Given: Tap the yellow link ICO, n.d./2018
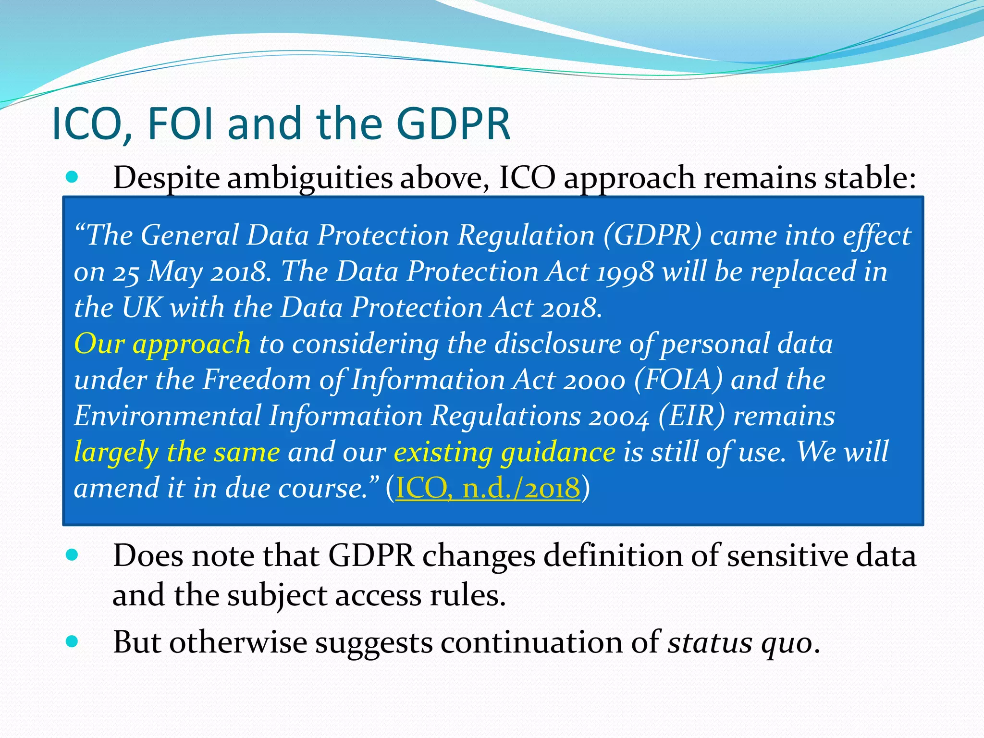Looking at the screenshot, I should click(488, 488).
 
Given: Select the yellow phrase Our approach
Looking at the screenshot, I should click(162, 344).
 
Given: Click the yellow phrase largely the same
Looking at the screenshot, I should click(177, 453).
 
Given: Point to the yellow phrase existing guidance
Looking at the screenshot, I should click(504, 453).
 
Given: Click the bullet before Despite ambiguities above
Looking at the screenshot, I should click(72, 177).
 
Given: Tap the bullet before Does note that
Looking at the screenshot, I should click(72, 555).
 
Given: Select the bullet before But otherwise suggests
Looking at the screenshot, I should click(72, 641).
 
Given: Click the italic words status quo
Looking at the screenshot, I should click(740, 642).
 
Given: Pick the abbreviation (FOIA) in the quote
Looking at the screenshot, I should click(678, 380).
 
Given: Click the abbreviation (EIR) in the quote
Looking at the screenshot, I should click(691, 416).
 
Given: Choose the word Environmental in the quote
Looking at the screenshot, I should click(167, 416).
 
